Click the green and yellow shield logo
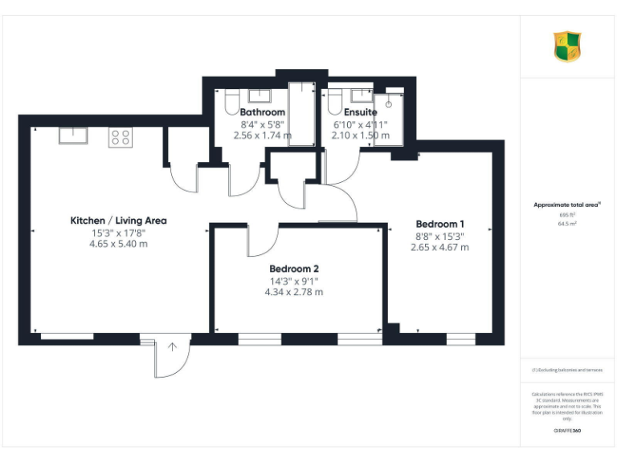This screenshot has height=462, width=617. click(567, 47)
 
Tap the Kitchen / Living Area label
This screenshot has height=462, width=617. click(118, 221)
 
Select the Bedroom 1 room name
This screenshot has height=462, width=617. click(439, 224)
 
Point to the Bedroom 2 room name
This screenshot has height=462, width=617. click(294, 268)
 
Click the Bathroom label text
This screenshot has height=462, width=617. click(262, 113)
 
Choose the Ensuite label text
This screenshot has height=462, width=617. click(361, 113)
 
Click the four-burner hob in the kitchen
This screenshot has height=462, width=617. click(121, 137)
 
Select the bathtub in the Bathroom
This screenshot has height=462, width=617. click(302, 112)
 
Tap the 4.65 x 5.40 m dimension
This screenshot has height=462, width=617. click(118, 244)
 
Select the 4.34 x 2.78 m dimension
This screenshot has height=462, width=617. click(294, 292)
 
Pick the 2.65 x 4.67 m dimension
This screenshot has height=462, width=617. click(439, 247)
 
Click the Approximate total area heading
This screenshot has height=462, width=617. click(567, 205)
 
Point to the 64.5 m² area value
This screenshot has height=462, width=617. click(567, 225)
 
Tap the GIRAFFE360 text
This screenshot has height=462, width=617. click(567, 431)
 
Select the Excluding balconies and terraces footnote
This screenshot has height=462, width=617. click(567, 371)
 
